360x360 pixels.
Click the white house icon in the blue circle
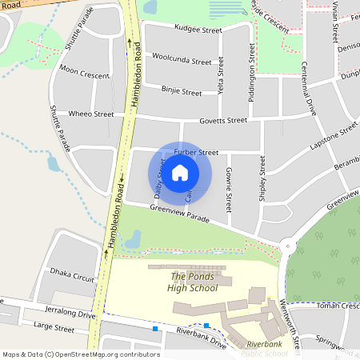(x=180, y=172)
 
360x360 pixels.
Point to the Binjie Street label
(x=181, y=92)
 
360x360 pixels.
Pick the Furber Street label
(x=196, y=152)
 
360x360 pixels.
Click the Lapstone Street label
(x=334, y=138)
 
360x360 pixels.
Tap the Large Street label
(x=53, y=328)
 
